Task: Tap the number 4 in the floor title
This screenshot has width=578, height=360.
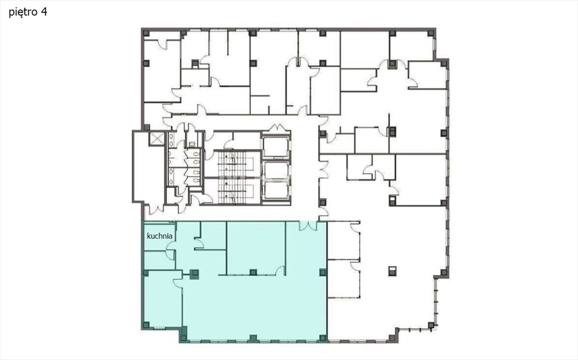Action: click(x=44, y=12)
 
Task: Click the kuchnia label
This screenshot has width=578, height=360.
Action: click(x=159, y=236)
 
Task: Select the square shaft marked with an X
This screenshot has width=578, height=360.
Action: click(x=156, y=139)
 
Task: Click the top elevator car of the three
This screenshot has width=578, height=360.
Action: click(x=276, y=147)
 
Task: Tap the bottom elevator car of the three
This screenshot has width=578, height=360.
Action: click(x=276, y=190)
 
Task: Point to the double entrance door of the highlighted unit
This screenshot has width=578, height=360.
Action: click(x=308, y=226)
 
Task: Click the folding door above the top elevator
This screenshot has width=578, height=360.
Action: click(x=277, y=128)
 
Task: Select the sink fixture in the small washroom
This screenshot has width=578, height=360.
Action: click(x=192, y=144)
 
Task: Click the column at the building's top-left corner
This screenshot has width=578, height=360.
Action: click(x=146, y=33)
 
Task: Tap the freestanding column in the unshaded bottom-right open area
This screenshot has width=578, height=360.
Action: click(x=392, y=271)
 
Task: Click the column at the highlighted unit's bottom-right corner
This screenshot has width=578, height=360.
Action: click(x=323, y=338)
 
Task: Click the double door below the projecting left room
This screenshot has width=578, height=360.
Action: click(x=156, y=210)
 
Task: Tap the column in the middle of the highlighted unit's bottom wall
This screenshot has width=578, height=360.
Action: click(x=253, y=338)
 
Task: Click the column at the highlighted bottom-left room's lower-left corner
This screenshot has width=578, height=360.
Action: click(x=146, y=325)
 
